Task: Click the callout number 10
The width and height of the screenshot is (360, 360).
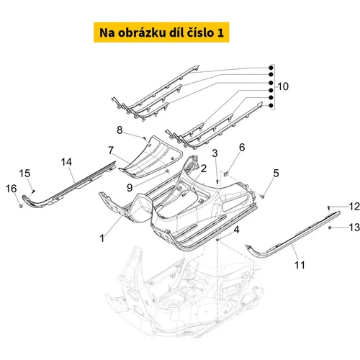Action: (283, 86)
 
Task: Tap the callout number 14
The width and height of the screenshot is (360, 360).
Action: (66, 162)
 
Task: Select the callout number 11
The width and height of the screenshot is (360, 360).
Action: (300, 265)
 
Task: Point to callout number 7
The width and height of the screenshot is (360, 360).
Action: (111, 150)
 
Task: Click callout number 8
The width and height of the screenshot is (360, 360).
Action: (120, 130)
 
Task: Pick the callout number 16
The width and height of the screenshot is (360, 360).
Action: (12, 189)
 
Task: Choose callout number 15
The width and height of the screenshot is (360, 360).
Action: (24, 174)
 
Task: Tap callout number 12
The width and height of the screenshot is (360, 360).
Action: (354, 207)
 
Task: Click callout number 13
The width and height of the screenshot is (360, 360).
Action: (354, 228)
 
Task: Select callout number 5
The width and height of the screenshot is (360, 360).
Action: (276, 173)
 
